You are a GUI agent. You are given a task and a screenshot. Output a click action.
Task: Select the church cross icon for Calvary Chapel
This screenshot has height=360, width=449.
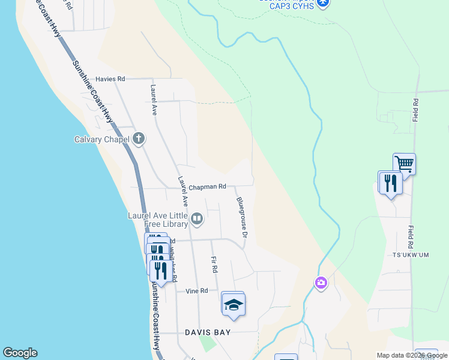139,139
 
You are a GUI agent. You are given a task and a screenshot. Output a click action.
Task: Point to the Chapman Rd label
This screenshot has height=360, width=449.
208,187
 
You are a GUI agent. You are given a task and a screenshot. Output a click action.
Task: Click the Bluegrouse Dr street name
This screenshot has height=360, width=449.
241,217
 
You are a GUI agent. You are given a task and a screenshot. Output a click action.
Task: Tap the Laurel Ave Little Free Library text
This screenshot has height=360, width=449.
157,220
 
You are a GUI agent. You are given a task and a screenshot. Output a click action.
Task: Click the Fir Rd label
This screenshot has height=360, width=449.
214,264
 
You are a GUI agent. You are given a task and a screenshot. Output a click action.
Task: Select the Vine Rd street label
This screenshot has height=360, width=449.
196,290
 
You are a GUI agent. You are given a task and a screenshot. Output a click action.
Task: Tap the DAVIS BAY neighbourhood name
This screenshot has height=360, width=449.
208,332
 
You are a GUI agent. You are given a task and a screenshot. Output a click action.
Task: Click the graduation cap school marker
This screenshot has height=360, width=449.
233,305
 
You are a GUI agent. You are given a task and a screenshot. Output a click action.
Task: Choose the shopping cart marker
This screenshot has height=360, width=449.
405,163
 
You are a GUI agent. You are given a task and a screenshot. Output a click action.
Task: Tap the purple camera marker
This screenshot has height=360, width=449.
321,283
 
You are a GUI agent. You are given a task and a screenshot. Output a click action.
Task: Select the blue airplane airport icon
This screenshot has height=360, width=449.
324,3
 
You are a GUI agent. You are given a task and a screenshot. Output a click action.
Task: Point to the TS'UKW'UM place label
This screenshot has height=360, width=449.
408,254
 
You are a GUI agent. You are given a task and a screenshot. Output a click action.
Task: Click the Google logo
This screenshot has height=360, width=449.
20,353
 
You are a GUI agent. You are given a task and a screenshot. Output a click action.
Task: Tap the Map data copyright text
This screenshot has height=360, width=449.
412,355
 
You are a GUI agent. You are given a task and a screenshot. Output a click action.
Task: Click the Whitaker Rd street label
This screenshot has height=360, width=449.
173,264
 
